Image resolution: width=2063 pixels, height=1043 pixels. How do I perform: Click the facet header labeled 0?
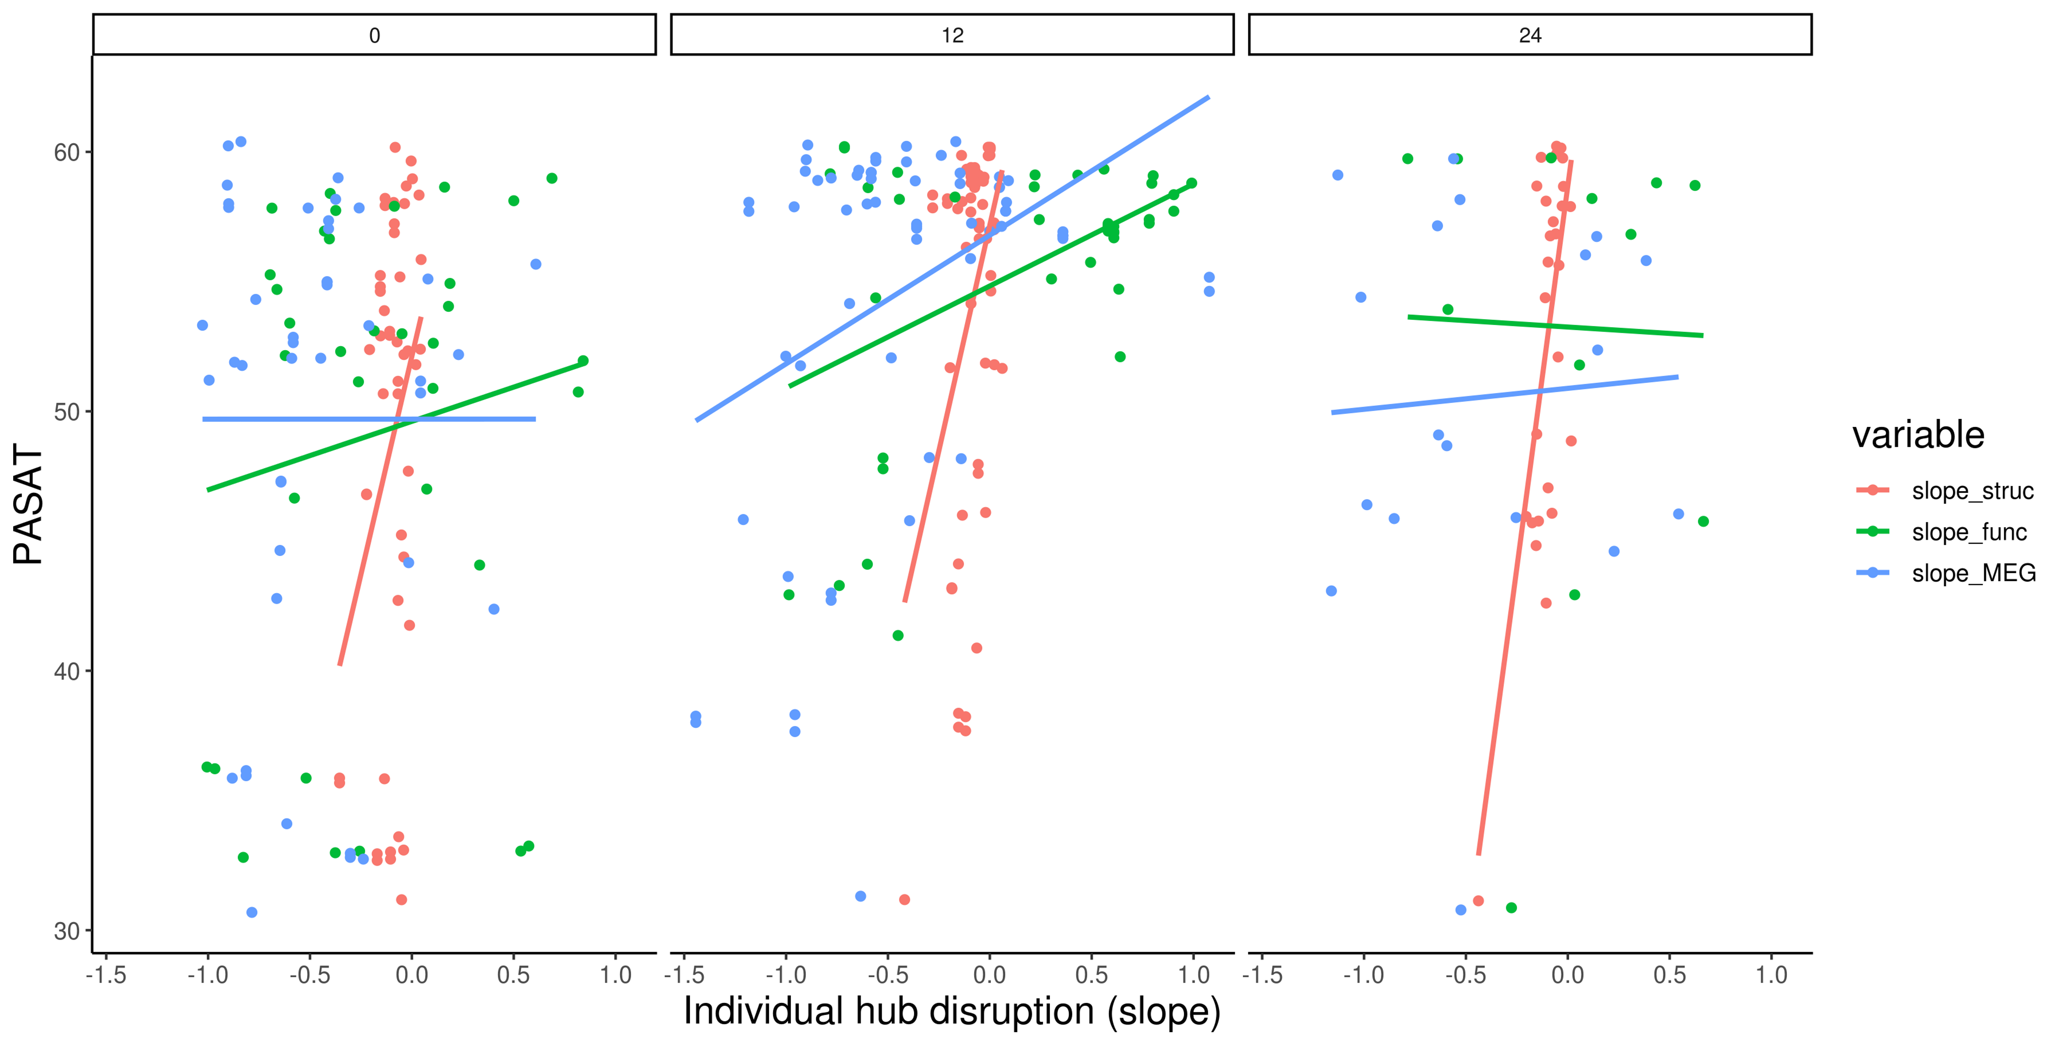point(374,35)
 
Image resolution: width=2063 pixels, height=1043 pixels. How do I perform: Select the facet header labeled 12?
point(952,35)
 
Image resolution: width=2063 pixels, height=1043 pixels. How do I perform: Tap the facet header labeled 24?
point(1530,35)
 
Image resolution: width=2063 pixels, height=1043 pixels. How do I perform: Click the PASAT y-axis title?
point(29,505)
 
